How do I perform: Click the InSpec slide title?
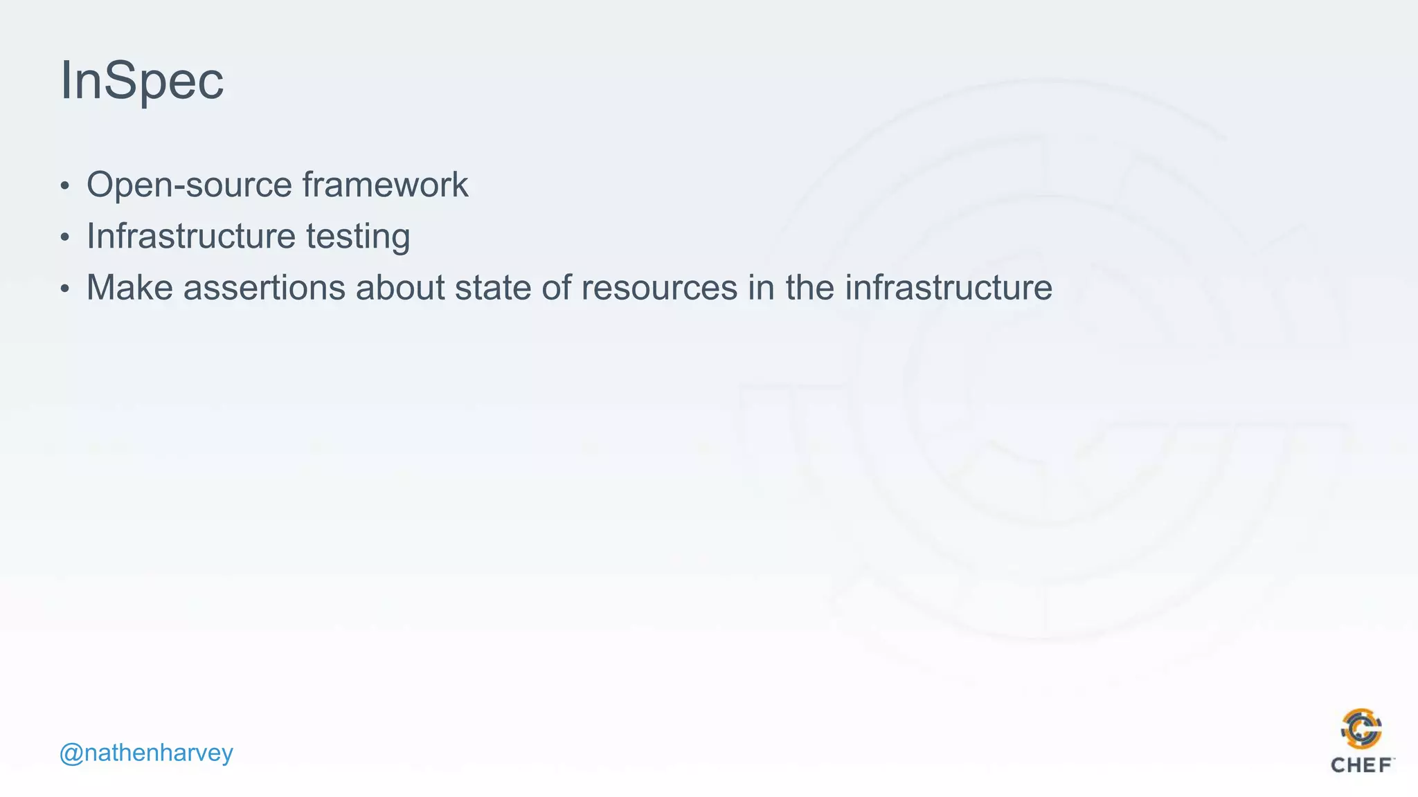[142, 81]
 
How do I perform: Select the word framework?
[385, 185]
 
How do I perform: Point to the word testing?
[358, 237]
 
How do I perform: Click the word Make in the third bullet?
[129, 287]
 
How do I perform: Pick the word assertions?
[264, 287]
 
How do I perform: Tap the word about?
[400, 287]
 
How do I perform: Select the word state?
[492, 287]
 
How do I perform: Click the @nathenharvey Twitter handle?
[146, 753]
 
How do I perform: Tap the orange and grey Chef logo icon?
[1361, 729]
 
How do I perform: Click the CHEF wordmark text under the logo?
[1361, 765]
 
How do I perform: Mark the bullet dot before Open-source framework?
[65, 186]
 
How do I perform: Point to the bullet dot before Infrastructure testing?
[65, 237]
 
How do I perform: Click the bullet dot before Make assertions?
[65, 288]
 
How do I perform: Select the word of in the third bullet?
[556, 287]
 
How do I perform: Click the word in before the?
[761, 287]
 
